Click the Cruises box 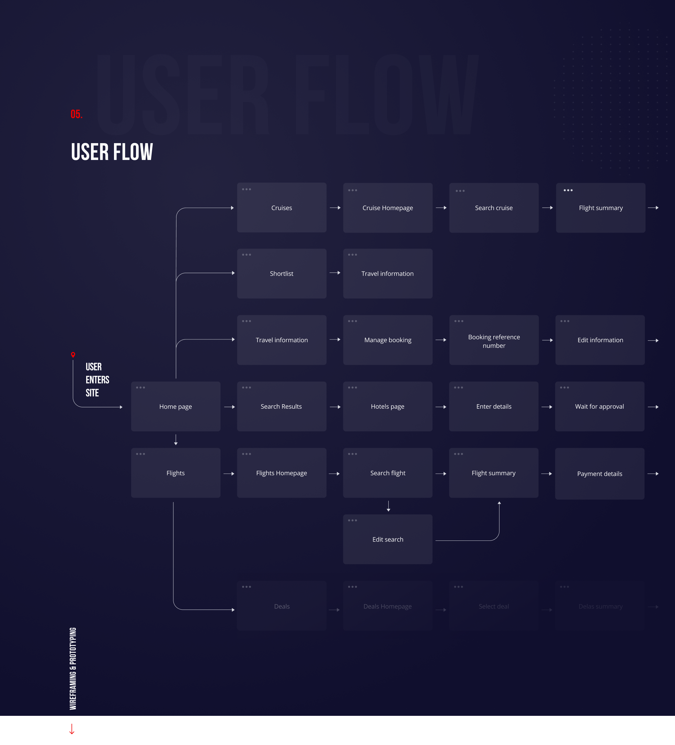pos(281,208)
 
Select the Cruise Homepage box pos(387,208)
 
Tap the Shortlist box pos(281,273)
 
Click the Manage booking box pos(387,340)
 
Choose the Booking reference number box pos(493,340)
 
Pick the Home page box pos(175,407)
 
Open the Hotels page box pos(387,407)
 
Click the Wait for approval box pos(599,407)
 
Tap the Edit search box pos(387,539)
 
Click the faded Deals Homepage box pos(387,606)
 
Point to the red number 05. pos(76,114)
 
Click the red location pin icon pos(73,355)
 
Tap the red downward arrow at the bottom pos(72,729)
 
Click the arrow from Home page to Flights pos(175,440)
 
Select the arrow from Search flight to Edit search pos(388,506)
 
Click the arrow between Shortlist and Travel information pos(334,273)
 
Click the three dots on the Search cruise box pos(460,191)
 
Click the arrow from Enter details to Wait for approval pos(547,407)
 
